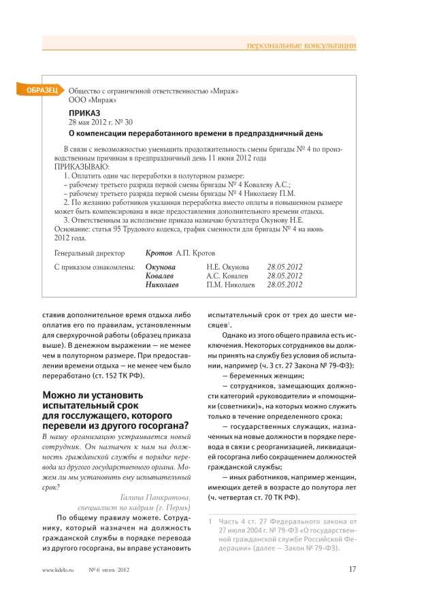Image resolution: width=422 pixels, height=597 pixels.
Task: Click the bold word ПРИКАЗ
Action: pos(84,112)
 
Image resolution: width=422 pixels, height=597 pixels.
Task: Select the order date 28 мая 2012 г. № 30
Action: pos(101,122)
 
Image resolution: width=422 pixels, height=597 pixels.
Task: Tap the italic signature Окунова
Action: pos(160,268)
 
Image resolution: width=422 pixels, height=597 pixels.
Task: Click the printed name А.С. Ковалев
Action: pos(227,276)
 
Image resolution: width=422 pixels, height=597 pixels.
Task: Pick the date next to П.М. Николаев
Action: pos(285,285)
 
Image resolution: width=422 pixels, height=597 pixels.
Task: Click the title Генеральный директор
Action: pos(93,253)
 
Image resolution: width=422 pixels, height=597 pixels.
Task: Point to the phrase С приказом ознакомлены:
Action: pos(95,268)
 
